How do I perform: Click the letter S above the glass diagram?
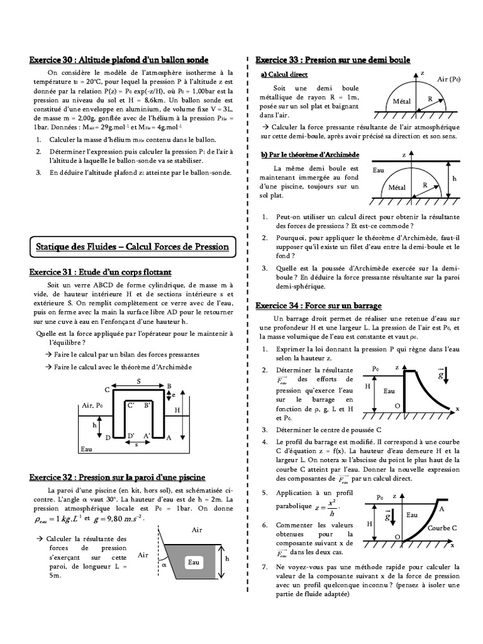pos(138,382)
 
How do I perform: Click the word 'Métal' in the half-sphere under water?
pos(397,187)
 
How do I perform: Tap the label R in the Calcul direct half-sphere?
pos(430,99)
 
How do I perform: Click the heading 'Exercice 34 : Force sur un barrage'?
pos(319,306)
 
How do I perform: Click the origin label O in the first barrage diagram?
pos(397,406)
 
